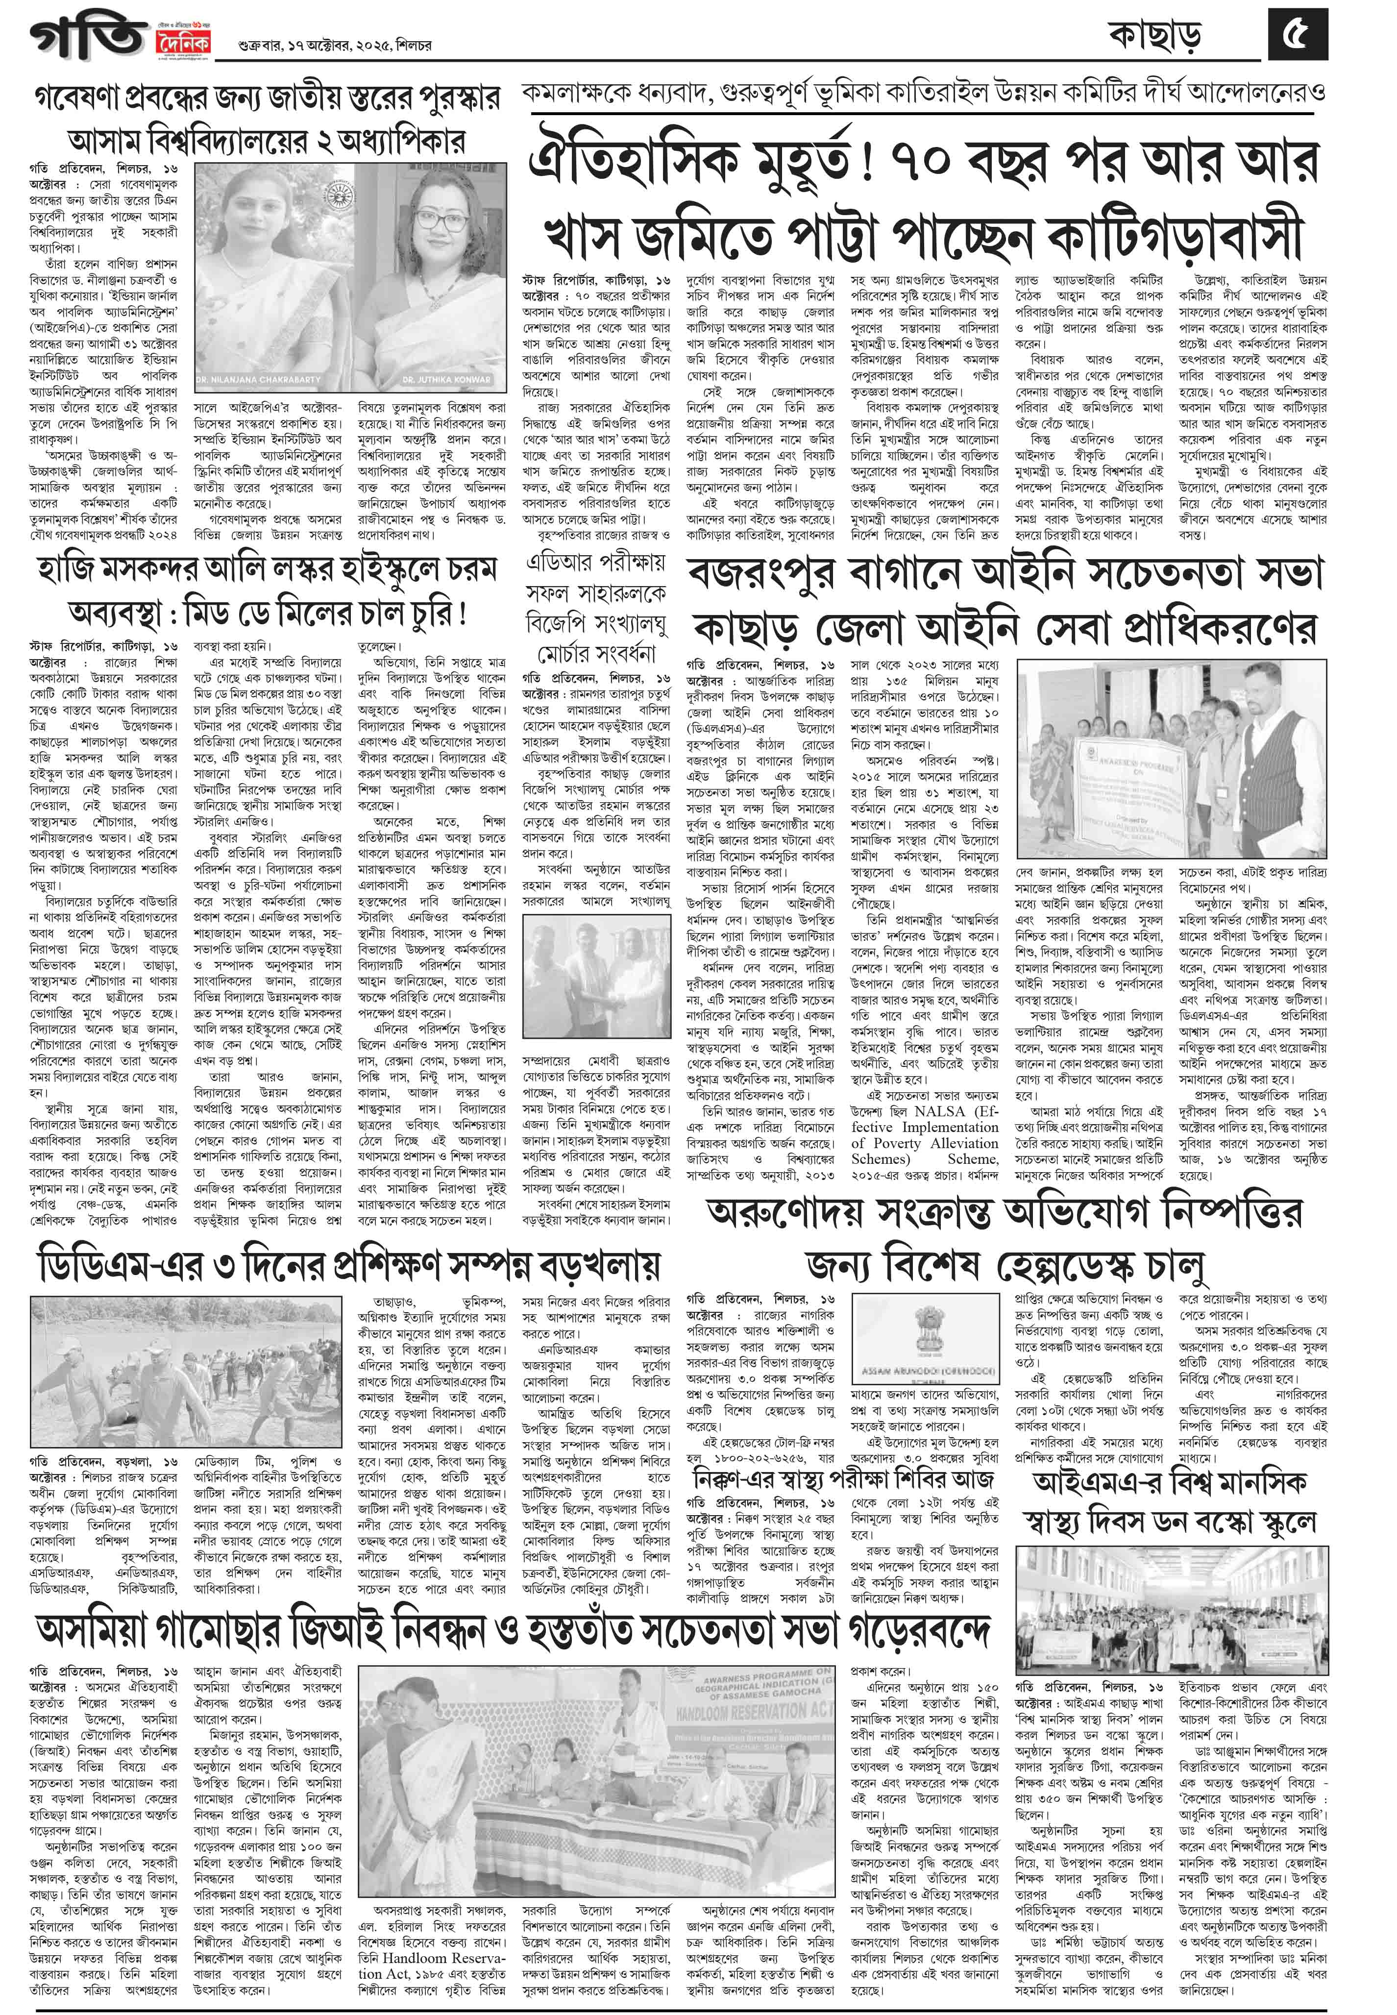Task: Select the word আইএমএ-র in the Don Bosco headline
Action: coord(1099,1481)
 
